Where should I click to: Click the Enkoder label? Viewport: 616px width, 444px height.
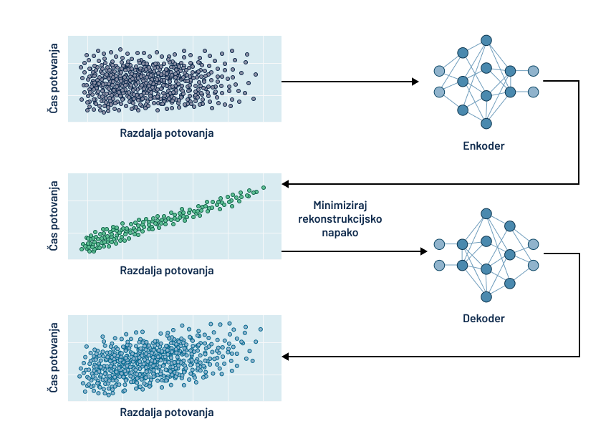(483, 146)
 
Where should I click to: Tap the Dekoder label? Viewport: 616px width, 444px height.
(483, 318)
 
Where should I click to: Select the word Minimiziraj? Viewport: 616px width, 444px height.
(340, 206)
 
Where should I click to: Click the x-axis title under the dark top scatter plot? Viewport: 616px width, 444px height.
(167, 133)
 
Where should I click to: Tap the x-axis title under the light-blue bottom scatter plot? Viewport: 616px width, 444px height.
(167, 412)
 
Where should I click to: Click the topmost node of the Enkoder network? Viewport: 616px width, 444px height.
(486, 40)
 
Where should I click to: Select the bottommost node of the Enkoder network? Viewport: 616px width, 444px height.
(486, 123)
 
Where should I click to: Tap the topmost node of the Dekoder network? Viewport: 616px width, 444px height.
(486, 213)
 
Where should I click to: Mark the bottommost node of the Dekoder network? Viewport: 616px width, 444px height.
(486, 296)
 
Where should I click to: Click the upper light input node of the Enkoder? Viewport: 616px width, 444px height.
(439, 70)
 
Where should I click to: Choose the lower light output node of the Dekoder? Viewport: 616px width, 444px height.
(533, 266)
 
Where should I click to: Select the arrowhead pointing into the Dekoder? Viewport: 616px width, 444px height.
(422, 252)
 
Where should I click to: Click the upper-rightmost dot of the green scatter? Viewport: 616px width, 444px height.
(264, 188)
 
